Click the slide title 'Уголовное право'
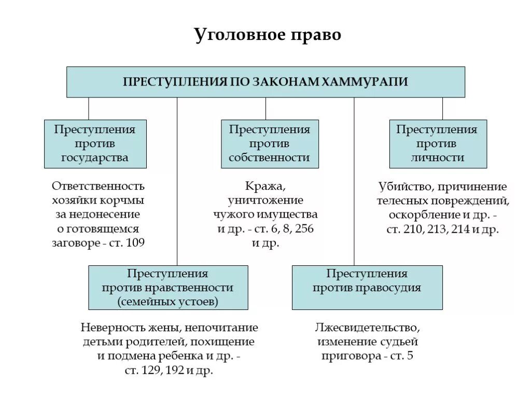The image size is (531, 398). click(x=268, y=35)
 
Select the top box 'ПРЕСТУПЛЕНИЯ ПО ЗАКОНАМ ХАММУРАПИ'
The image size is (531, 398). click(x=265, y=82)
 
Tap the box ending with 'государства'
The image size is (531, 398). click(x=95, y=144)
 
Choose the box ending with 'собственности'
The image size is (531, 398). click(x=270, y=144)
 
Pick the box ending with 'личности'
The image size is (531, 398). click(x=438, y=144)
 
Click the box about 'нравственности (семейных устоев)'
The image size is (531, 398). click(x=168, y=288)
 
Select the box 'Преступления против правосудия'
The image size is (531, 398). click(x=367, y=288)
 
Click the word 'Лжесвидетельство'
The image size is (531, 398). click(x=367, y=328)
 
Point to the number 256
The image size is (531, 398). click(x=303, y=229)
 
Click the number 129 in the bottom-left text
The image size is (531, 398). click(x=155, y=371)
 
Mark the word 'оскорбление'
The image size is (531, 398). click(x=420, y=215)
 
